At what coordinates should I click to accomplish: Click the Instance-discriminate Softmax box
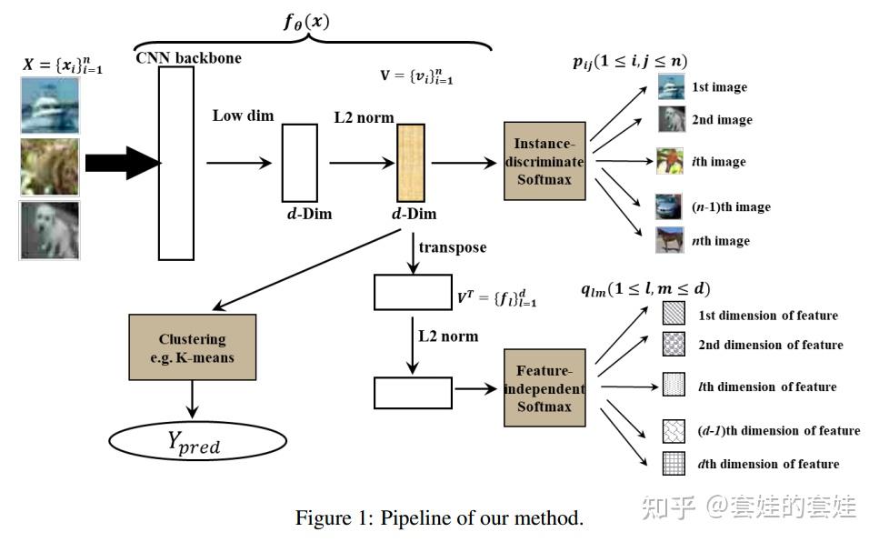pos(544,161)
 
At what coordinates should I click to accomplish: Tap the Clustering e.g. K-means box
pos(193,348)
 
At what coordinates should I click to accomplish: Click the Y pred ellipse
pos(192,442)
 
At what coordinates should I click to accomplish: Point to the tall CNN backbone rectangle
pos(176,163)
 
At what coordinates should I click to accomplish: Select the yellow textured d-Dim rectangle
pos(412,163)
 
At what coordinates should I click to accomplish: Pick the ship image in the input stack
pos(50,105)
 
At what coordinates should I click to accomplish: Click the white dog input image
pos(50,230)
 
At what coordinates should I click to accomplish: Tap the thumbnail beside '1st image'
pos(670,87)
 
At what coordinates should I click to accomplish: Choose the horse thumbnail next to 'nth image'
pos(669,240)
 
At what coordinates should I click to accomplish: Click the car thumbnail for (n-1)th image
pos(669,206)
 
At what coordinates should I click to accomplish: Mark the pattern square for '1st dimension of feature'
pos(674,315)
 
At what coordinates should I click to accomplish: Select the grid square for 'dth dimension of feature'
pos(674,464)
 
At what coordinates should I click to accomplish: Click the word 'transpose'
pos(452,247)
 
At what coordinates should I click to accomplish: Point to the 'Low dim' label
pos(243,115)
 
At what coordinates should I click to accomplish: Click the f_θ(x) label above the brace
pos(305,19)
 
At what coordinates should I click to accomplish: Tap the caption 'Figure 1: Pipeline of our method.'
pos(438,518)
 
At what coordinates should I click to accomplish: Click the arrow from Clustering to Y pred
pos(193,397)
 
